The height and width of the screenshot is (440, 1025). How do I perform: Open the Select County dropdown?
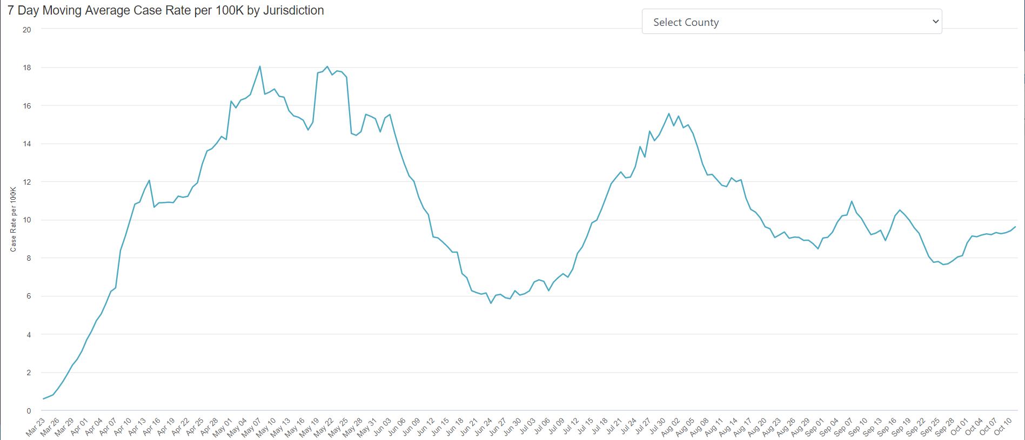coord(791,22)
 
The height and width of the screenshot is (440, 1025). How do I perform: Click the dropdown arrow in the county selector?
coord(935,22)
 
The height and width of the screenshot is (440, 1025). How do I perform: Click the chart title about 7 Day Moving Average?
coord(165,10)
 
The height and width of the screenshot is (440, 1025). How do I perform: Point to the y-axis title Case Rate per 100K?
coord(14,219)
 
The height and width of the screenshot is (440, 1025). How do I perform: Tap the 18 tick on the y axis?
coord(27,67)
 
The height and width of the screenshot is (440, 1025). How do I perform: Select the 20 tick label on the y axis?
coord(27,30)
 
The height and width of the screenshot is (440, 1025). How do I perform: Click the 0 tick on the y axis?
coord(29,411)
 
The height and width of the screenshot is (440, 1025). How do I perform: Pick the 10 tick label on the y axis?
coord(27,220)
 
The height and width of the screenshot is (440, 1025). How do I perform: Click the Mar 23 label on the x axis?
coord(36,427)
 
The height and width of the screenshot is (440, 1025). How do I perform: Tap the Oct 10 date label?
coord(1003,427)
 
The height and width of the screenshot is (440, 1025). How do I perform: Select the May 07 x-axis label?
coord(252,427)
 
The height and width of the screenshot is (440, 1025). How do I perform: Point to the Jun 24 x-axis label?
coord(483,427)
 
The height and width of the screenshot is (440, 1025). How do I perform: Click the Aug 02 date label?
coord(671,427)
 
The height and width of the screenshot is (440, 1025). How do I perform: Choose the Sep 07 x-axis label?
coord(844,427)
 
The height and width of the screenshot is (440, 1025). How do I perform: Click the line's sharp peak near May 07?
coord(260,66)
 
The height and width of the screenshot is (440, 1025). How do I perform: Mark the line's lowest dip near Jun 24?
coord(491,303)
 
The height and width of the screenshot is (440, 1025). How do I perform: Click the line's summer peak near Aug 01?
coord(669,113)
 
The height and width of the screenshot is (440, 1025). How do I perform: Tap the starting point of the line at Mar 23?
coord(43,398)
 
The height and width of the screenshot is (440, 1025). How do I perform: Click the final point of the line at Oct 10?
coord(1015,227)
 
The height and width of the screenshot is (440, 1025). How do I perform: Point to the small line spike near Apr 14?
coord(149,180)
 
